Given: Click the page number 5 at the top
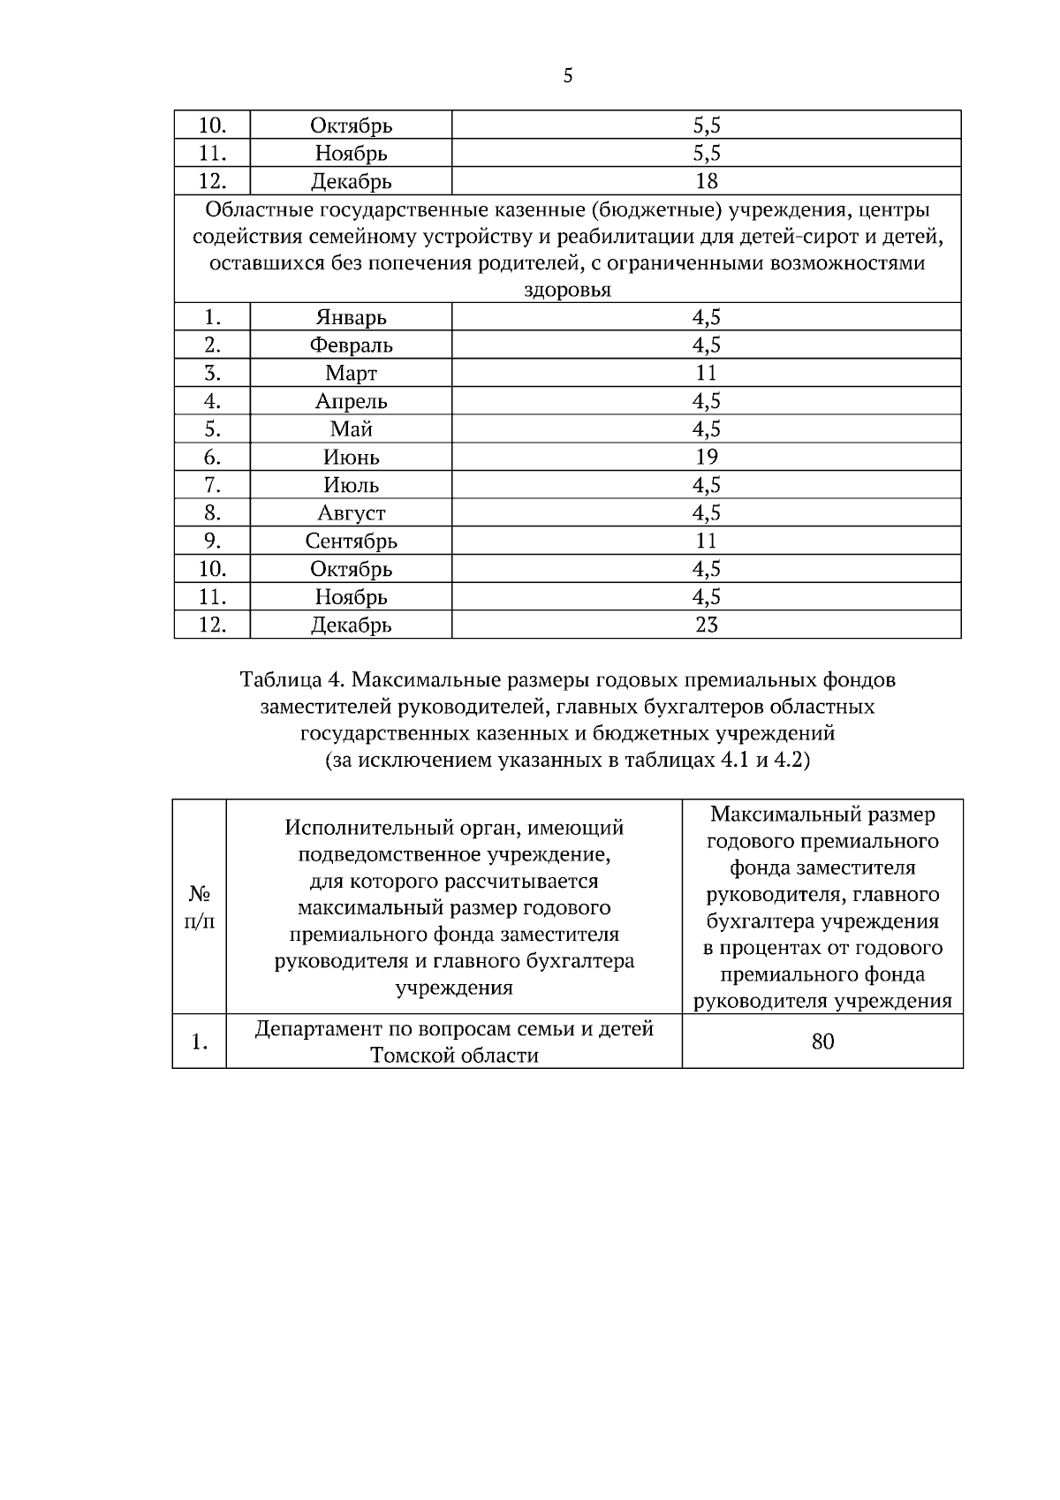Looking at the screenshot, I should click(x=567, y=77).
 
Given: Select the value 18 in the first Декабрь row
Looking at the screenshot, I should click(x=706, y=181).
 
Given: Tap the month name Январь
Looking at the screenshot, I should click(x=351, y=316).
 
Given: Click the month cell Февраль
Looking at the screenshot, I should click(x=351, y=345).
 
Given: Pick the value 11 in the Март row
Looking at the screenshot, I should click(x=706, y=373).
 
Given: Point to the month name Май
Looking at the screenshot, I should click(x=351, y=428).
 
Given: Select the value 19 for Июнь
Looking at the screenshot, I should click(x=706, y=457).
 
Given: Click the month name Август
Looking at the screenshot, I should click(x=351, y=512).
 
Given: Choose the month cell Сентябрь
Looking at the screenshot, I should click(x=351, y=541).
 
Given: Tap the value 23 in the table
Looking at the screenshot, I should click(x=706, y=625).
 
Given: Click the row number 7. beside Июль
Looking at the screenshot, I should click(x=212, y=485).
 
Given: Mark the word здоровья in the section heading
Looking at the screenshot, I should click(x=567, y=290).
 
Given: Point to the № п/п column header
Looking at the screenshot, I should click(x=199, y=907).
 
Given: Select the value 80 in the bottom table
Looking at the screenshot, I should click(x=821, y=1042).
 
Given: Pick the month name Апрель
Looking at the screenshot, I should click(x=351, y=401).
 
